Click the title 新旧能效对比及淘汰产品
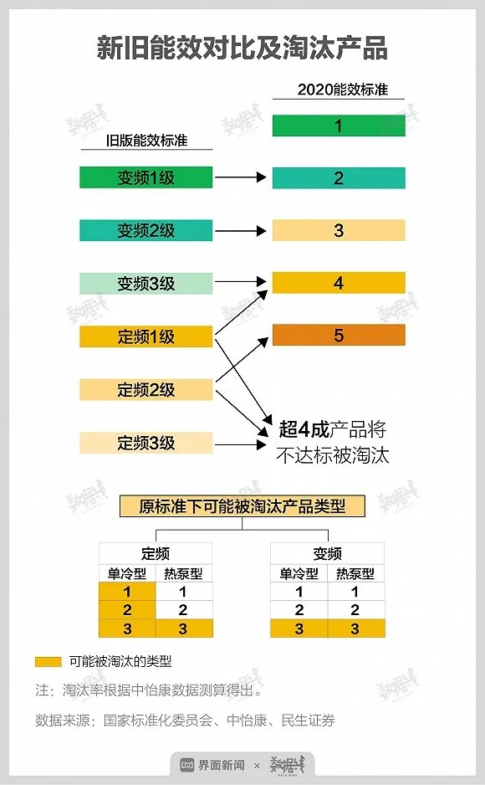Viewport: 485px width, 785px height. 242,48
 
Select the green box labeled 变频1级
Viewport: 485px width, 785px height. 146,177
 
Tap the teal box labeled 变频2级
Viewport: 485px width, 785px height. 146,230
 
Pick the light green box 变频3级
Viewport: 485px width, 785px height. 146,284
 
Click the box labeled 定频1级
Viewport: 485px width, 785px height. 146,336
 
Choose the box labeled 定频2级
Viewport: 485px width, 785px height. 146,389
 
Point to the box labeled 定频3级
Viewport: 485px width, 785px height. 146,443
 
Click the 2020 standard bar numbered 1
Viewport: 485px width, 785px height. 339,126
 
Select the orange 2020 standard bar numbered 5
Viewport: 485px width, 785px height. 339,335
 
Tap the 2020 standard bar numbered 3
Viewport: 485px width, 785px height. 339,230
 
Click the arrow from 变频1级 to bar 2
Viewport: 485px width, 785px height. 241,177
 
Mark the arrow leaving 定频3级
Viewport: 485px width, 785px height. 241,444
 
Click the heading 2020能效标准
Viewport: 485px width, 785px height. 343,90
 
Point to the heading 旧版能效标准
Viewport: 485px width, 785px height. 146,141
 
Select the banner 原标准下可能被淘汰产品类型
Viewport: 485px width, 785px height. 242,506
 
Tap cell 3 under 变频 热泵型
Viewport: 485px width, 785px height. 355,629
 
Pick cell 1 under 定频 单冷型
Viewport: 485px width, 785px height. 127,591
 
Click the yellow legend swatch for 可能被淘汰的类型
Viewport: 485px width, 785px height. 48,662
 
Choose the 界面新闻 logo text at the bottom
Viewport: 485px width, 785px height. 222,765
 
